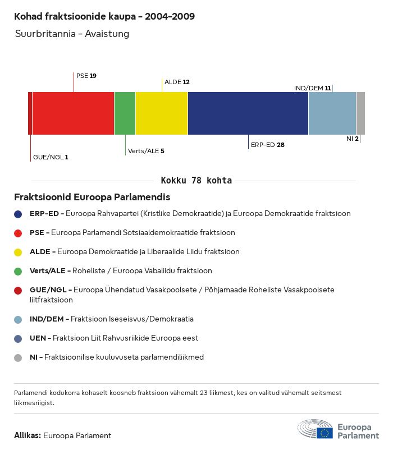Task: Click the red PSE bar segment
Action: pos(73,113)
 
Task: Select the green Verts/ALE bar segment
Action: pos(125,113)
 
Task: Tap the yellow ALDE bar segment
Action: pos(162,113)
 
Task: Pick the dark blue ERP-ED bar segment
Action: pos(248,113)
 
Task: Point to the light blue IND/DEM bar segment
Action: pos(332,113)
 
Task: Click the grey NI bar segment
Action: pos(360,113)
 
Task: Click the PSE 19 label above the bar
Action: pos(86,75)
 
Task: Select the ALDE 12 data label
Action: pos(177,82)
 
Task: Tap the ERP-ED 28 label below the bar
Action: pos(267,145)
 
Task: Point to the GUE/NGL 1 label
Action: pos(51,157)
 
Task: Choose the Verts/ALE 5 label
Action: pos(146,151)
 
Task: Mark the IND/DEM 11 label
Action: pos(312,88)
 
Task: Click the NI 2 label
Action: pos(353,139)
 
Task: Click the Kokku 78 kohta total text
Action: pos(196,181)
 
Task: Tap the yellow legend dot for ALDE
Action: pos(18,252)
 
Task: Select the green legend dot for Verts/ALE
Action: pos(18,271)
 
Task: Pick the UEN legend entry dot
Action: pos(18,338)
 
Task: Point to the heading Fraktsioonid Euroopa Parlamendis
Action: pos(92,198)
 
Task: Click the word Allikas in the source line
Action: pos(27,435)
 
